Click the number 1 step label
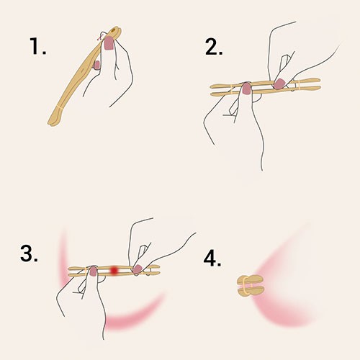click(37, 46)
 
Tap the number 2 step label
click(214, 47)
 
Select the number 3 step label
click(29, 253)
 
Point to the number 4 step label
click(212, 258)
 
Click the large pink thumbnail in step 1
click(109, 43)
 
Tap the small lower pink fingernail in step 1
click(97, 66)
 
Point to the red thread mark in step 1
click(100, 37)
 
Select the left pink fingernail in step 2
click(246, 88)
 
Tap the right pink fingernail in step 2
click(279, 84)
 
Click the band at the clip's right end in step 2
click(297, 85)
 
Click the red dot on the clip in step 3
click(114, 270)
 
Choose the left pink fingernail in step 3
click(93, 271)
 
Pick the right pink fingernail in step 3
click(138, 269)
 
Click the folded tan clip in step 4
click(251, 285)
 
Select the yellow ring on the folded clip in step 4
click(245, 285)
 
